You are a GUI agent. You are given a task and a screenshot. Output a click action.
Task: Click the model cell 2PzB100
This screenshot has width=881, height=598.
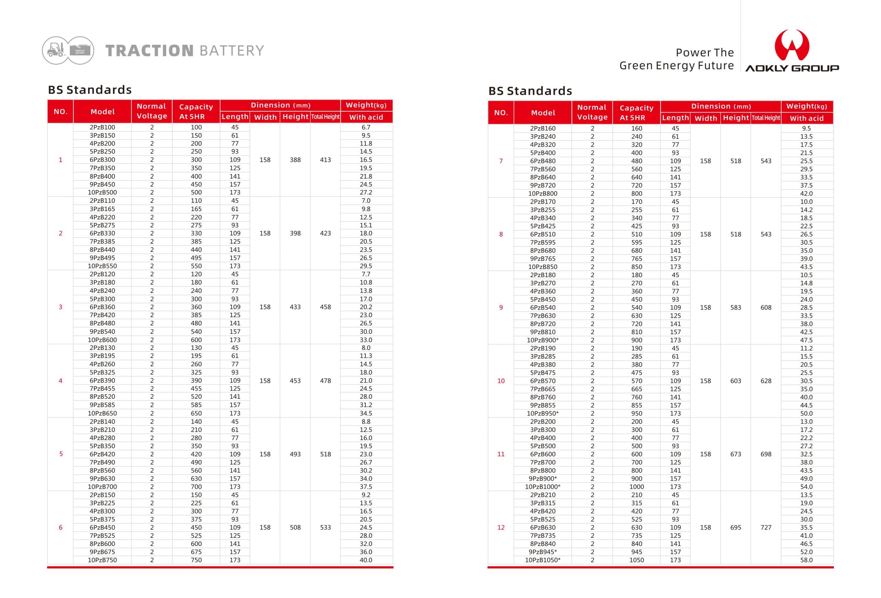click(102, 127)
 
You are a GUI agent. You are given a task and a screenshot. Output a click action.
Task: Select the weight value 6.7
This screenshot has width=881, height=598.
click(366, 127)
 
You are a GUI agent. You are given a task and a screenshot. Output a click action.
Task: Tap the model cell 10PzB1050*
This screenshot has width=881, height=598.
click(542, 560)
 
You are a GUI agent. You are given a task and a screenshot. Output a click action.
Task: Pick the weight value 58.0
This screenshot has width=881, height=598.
click(806, 560)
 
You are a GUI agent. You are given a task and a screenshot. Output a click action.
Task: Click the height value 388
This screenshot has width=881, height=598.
click(295, 160)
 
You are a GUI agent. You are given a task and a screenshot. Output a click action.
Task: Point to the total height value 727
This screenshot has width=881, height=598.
click(766, 527)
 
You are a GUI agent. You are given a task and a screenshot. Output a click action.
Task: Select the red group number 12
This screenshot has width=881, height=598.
click(501, 527)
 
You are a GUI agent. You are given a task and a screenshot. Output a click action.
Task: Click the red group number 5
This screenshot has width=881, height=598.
click(61, 454)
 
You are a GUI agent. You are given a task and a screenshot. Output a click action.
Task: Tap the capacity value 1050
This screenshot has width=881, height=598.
click(637, 560)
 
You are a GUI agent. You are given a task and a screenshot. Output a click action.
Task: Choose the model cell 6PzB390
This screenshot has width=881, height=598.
click(102, 380)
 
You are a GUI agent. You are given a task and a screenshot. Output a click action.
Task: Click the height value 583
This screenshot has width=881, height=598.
click(735, 307)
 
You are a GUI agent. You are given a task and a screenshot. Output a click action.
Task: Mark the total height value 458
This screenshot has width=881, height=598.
click(325, 307)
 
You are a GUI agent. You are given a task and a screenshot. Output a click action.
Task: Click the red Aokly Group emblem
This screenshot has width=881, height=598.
click(792, 45)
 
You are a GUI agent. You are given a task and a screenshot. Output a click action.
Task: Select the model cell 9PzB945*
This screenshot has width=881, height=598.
click(542, 552)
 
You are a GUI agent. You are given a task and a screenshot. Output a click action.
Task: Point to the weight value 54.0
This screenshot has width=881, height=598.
click(806, 486)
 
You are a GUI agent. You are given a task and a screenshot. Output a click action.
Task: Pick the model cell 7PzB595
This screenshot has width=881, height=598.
click(542, 242)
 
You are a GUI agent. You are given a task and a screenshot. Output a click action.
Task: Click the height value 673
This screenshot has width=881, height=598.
click(735, 454)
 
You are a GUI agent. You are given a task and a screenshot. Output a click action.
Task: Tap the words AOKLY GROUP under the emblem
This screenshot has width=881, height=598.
click(792, 68)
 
